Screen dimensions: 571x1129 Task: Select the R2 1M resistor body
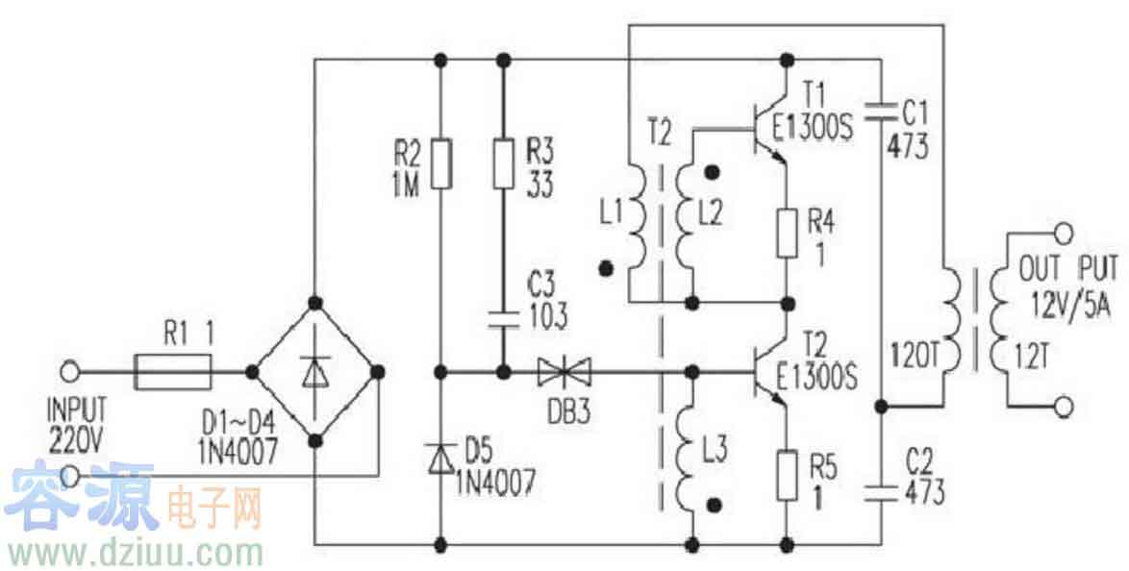(441, 163)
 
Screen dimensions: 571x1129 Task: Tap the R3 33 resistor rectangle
(502, 163)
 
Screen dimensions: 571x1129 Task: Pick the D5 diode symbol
(441, 460)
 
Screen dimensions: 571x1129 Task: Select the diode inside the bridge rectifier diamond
(314, 371)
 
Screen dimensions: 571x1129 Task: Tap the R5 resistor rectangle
(788, 476)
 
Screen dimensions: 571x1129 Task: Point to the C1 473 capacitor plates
(882, 109)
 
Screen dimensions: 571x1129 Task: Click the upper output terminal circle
(1063, 232)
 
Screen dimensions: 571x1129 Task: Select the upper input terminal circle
(69, 371)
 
